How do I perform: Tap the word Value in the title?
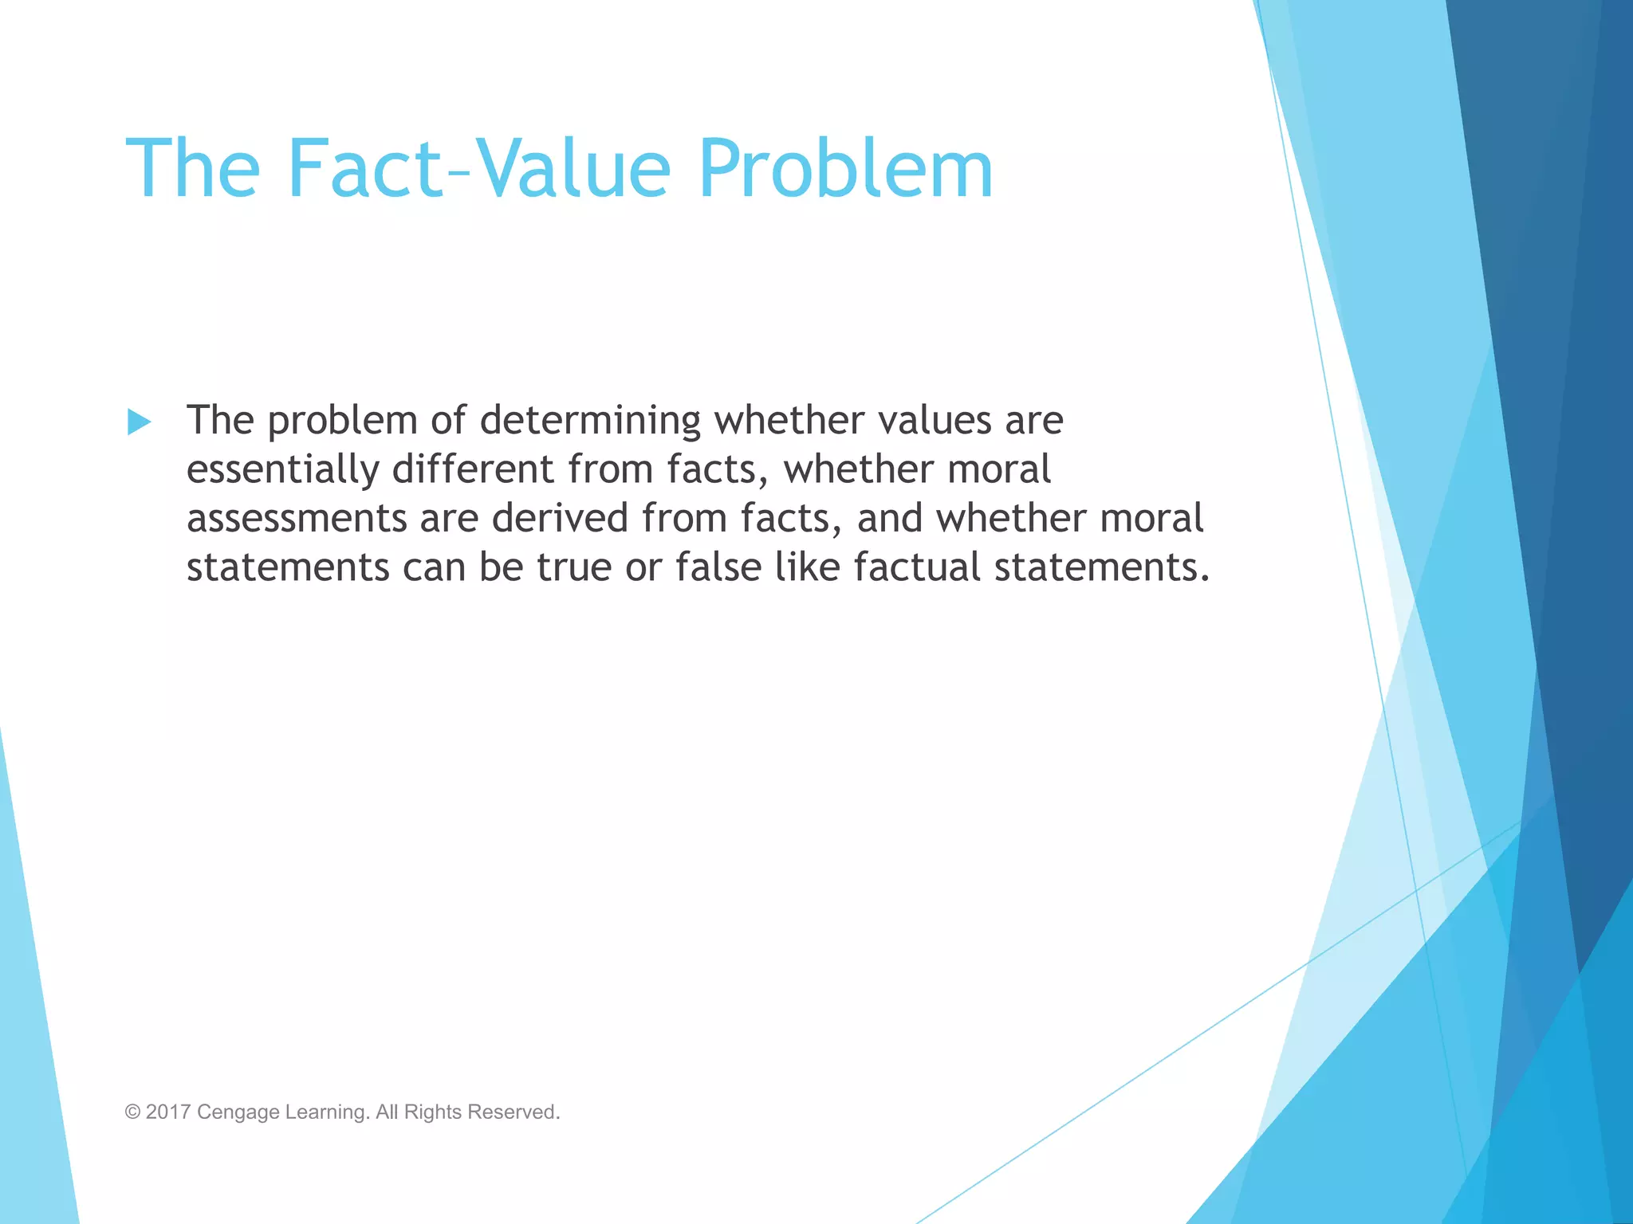pyautogui.click(x=573, y=168)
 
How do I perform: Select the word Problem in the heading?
pyautogui.click(x=845, y=168)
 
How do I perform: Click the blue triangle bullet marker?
pyautogui.click(x=139, y=422)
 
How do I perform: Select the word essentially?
pyautogui.click(x=282, y=469)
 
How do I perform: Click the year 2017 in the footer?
pyautogui.click(x=167, y=1112)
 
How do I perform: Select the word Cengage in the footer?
pyautogui.click(x=238, y=1112)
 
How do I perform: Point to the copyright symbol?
pyautogui.click(x=132, y=1112)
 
